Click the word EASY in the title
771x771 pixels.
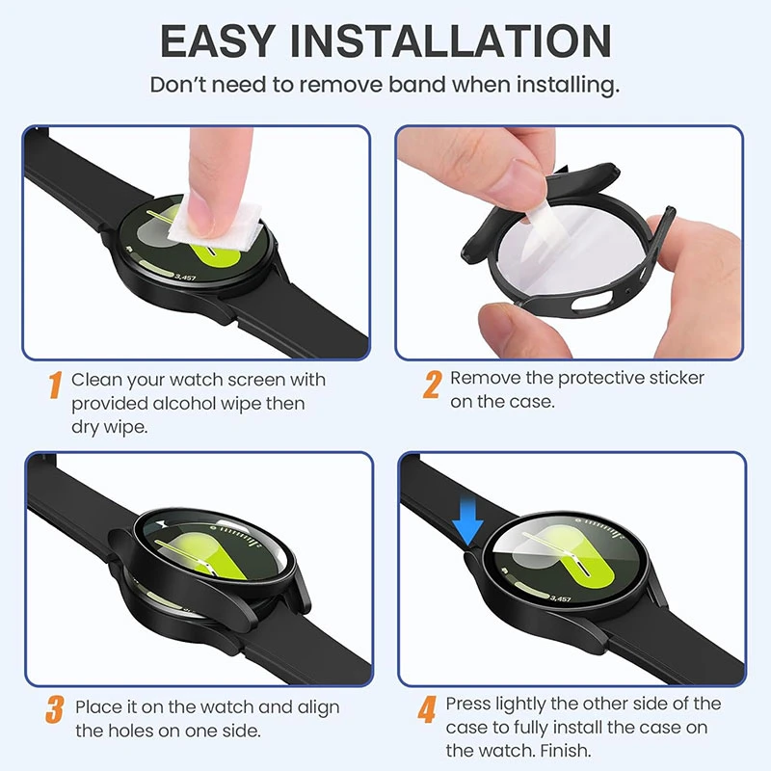[217, 41]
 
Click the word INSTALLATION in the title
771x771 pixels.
[451, 41]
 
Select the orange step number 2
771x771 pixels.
[432, 384]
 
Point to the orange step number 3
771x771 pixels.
[55, 709]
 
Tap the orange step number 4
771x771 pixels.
[427, 709]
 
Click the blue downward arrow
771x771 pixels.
[467, 520]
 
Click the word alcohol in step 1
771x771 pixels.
[184, 404]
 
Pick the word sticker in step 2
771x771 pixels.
[677, 378]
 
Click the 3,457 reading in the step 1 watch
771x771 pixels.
[185, 278]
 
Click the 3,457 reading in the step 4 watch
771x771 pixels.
[560, 598]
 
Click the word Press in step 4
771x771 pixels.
[468, 705]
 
